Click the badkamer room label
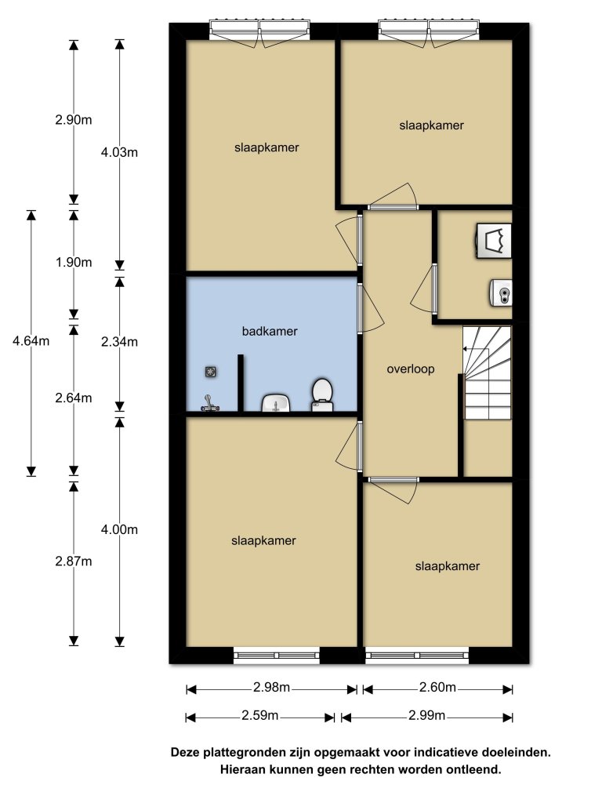270,332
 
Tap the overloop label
411,369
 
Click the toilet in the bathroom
322,395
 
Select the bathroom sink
277,403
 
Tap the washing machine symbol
494,240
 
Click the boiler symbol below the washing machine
501,293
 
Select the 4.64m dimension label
31,340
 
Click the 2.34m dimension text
119,342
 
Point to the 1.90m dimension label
74,262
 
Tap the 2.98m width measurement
271,687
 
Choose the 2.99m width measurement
426,715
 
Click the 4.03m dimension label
119,152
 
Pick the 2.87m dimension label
74,561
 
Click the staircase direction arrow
476,349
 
